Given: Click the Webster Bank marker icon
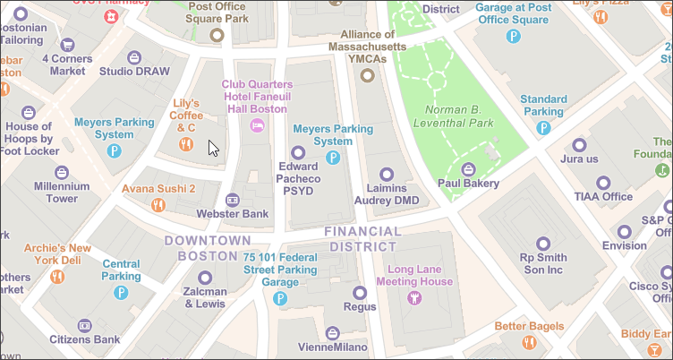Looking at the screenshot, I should coord(234,199).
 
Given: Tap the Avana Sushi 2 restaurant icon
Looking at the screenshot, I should coord(158,205).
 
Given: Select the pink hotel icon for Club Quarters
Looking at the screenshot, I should coord(258,125).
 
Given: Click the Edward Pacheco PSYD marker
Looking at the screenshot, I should coord(299,151).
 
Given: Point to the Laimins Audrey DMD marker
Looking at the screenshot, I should coord(387,174).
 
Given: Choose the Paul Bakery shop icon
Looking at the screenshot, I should coord(467,168).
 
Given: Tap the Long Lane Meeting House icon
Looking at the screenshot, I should coord(413,297).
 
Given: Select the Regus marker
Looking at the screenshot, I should coord(360,292).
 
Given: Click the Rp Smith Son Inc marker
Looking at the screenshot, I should coord(543,244).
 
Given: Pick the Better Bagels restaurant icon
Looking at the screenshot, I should coord(529,341).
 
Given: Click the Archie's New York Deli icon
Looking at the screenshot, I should coord(57,276).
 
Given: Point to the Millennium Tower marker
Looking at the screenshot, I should coord(62,172).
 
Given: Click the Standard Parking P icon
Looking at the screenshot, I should coord(542,128).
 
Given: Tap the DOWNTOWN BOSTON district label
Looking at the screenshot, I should coord(209,248).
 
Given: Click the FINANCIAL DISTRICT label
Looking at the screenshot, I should coord(362,239).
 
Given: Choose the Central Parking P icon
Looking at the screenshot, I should coord(132,276).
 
